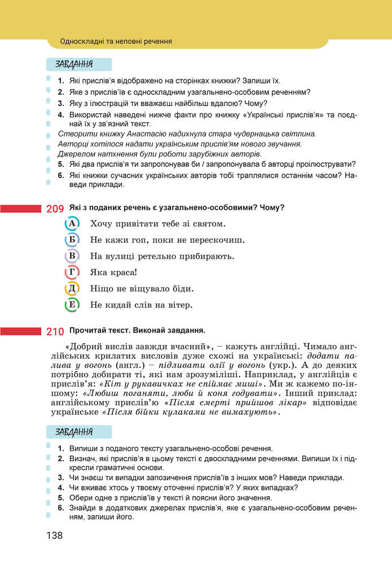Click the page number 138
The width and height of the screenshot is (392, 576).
(54, 535)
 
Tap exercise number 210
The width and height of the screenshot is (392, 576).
(55, 331)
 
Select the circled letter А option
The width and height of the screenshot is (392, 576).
(72, 224)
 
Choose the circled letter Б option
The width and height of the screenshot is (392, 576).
(72, 240)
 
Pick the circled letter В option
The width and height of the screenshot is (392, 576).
(72, 256)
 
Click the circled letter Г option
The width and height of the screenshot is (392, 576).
(72, 273)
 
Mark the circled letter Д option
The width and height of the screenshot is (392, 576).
(72, 289)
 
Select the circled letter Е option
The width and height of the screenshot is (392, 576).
(72, 305)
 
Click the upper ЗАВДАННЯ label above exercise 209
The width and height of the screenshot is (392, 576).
(74, 64)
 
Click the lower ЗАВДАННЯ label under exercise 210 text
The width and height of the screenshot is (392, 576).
(74, 432)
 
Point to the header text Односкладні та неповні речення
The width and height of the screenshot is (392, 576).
(116, 41)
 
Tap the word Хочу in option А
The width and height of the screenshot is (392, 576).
(102, 224)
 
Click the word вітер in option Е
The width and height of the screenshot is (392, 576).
(179, 305)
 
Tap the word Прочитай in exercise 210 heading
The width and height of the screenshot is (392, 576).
(86, 330)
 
